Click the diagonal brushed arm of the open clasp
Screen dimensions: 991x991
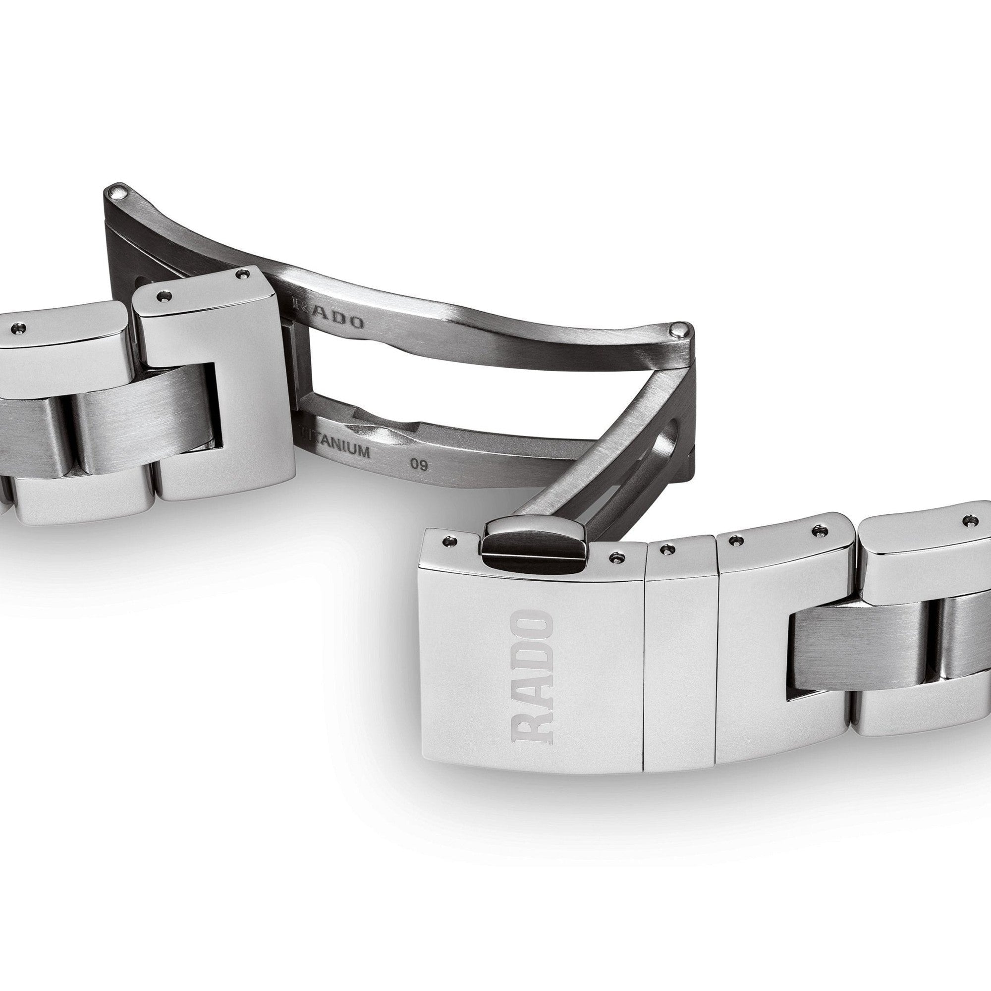click(590, 451)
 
